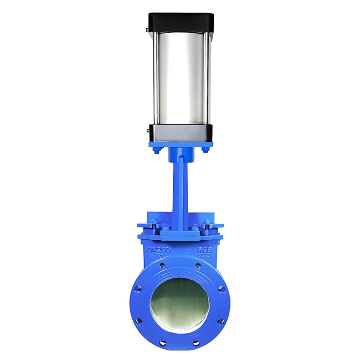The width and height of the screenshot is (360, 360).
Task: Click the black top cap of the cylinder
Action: pos(180,21)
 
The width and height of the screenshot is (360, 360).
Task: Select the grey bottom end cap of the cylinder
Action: pos(180,133)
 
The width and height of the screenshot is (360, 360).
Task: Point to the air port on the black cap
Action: pos(147,30)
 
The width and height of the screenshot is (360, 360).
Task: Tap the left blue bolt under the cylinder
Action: pos(156,150)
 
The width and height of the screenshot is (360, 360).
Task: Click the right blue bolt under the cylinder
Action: pos(205,150)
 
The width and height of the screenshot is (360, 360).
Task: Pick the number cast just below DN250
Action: pos(158,255)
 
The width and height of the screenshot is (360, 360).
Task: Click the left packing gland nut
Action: pos(154,224)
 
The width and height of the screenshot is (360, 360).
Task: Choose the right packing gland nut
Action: pos(207,224)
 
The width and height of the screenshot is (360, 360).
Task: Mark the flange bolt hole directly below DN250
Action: pos(162,266)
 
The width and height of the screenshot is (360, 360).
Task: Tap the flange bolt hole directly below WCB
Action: pos(198,266)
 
